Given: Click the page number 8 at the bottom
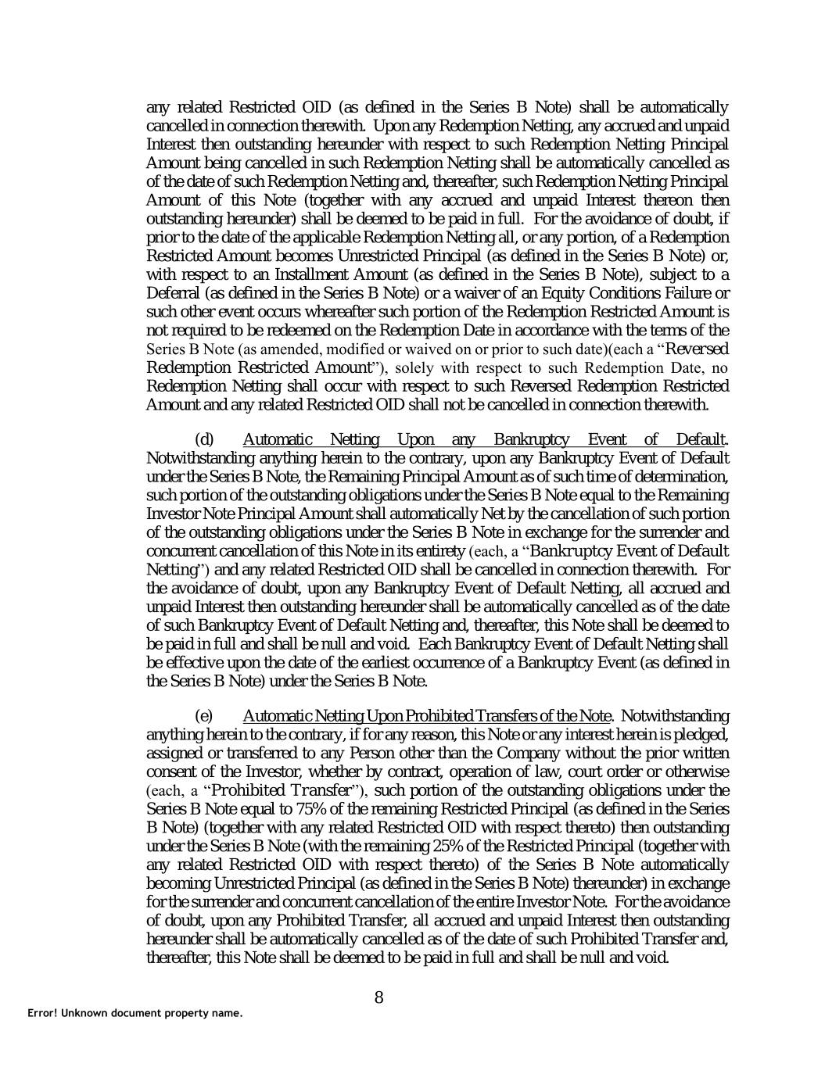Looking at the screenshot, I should pos(379,997).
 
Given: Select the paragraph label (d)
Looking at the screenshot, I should pos(205,439).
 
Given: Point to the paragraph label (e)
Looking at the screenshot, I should pos(204,715).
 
